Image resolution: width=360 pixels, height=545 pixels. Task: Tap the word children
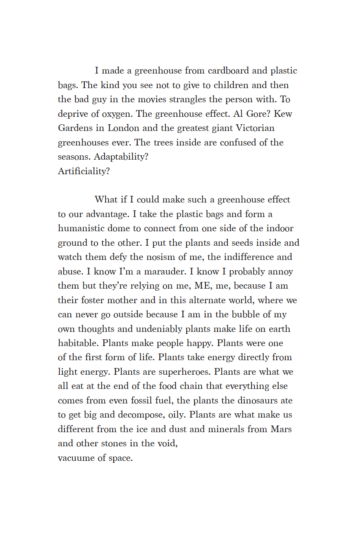click(231, 85)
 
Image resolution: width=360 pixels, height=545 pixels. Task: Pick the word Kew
click(283, 114)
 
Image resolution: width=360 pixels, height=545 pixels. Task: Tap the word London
click(123, 128)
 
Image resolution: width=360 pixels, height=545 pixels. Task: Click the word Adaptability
click(120, 157)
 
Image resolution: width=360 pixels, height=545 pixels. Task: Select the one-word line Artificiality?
click(84, 171)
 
